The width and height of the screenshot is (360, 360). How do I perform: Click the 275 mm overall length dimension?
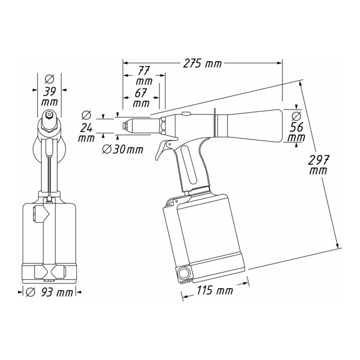(x=202, y=63)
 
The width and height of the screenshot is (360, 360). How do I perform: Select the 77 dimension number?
(x=143, y=71)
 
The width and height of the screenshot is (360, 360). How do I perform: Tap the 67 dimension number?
(x=140, y=93)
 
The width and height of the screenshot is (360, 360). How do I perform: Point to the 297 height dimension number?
(x=318, y=160)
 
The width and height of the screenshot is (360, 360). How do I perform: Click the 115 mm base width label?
(x=214, y=290)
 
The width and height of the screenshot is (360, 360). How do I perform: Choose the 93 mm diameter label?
(x=49, y=292)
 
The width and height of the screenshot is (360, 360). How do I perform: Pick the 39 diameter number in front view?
(x=49, y=91)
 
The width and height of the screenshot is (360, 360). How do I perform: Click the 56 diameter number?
(x=296, y=127)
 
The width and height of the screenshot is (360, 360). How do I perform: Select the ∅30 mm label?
(x=123, y=149)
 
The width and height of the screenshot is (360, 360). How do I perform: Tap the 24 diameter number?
(x=86, y=128)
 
